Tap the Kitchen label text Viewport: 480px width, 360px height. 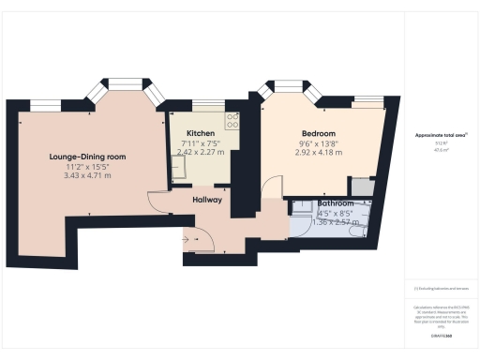[x=201, y=133]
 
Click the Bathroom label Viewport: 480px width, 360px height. [x=335, y=203]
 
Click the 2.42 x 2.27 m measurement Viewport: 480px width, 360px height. [x=201, y=151]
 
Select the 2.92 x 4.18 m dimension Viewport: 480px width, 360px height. [x=317, y=152]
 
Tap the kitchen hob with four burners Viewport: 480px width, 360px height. [x=232, y=119]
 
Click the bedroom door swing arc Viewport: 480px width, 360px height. [x=271, y=187]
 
